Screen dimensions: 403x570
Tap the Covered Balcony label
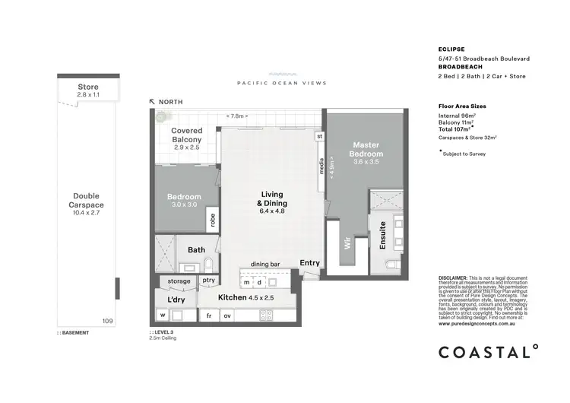click(186, 135)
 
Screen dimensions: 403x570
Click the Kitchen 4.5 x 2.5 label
click(245, 297)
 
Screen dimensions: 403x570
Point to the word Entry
click(310, 263)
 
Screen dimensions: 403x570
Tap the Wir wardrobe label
click(347, 246)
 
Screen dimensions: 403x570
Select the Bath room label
click(196, 249)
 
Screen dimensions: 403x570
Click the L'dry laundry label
click(176, 300)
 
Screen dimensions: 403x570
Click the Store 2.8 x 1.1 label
click(88, 91)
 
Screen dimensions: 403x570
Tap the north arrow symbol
click(152, 101)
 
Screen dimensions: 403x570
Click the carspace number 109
click(107, 322)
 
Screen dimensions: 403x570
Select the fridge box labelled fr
click(207, 315)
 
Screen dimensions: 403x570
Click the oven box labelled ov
click(226, 315)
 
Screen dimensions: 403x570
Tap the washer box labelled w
click(163, 315)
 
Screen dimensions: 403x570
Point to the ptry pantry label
click(207, 281)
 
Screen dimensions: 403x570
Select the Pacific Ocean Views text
click(281, 83)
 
